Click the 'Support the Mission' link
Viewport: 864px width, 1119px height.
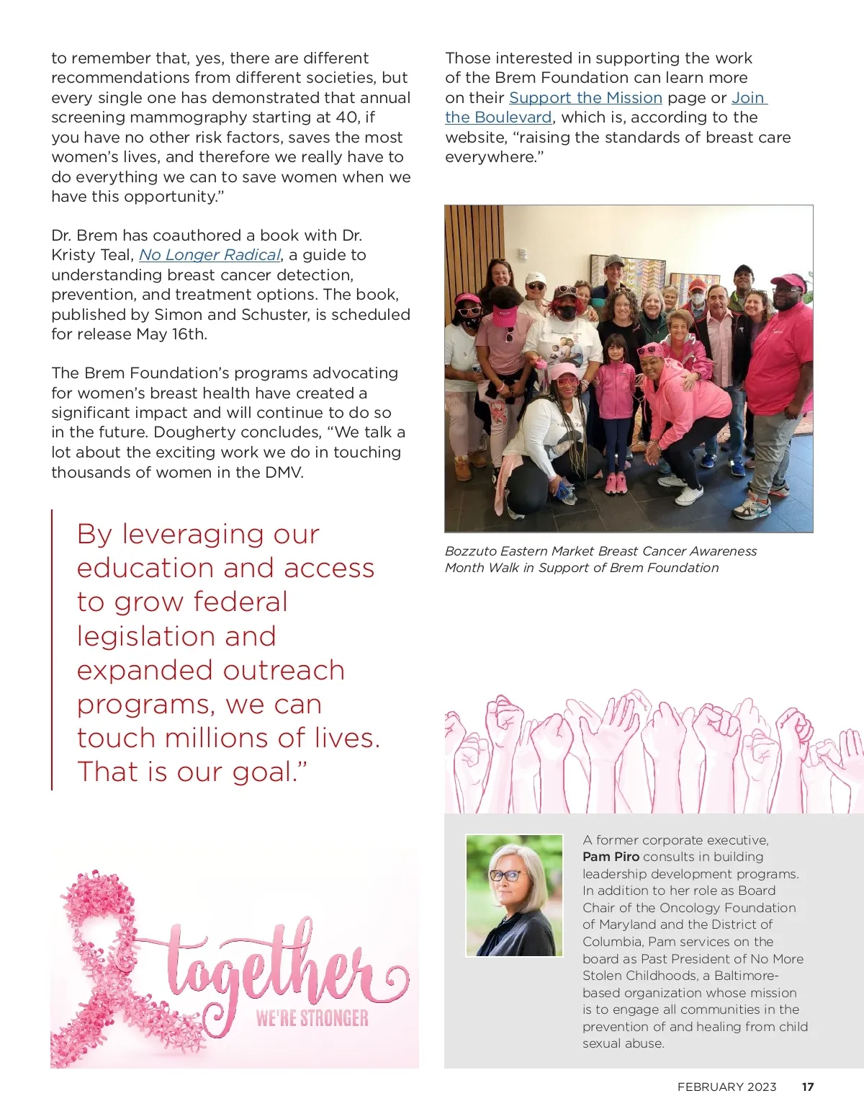(x=585, y=98)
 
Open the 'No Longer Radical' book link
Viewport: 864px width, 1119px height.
(x=210, y=255)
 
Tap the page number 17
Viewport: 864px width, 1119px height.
(x=808, y=1087)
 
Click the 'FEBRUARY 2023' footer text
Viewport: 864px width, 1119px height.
(x=726, y=1087)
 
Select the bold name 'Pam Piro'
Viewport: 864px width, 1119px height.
(x=611, y=857)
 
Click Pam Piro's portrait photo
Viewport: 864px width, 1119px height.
(x=514, y=895)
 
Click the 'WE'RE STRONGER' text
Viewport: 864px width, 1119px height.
(x=312, y=1018)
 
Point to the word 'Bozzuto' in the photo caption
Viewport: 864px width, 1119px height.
(x=470, y=551)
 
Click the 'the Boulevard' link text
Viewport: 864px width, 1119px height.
(x=498, y=117)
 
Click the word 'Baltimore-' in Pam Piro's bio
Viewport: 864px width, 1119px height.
(x=747, y=976)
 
